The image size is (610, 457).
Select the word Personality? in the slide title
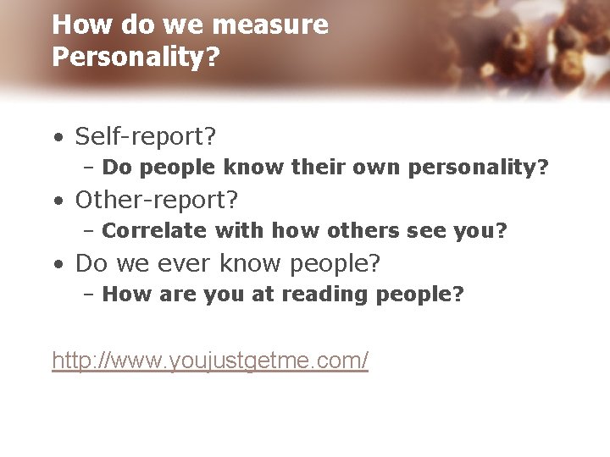[136, 57]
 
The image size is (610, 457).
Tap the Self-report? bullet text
[146, 135]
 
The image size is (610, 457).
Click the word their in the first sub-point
[319, 167]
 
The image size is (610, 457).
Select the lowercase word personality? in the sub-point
[479, 168]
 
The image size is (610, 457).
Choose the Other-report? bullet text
[157, 200]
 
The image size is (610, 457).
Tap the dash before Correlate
[89, 230]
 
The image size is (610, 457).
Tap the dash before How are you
[89, 295]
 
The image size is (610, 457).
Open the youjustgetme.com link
[210, 361]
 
